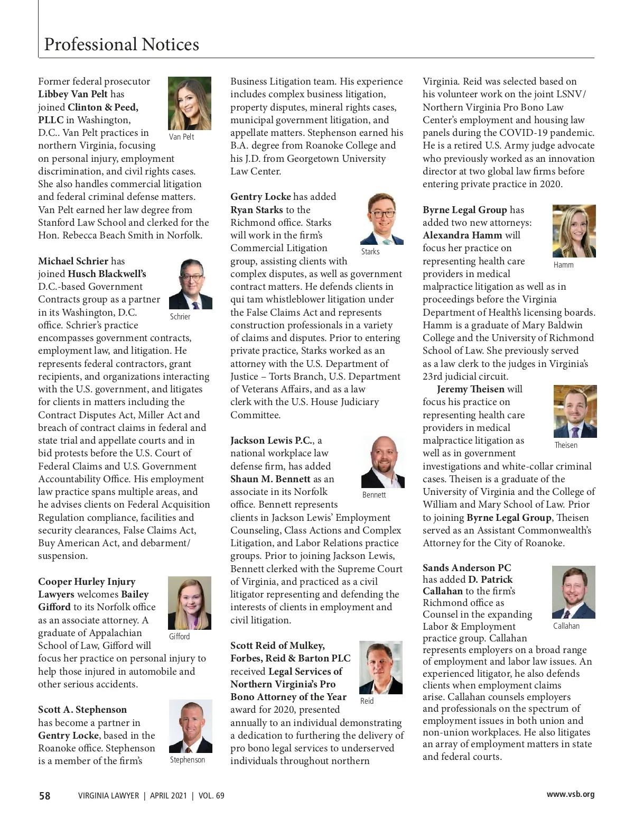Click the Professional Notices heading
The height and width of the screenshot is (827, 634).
[x=122, y=44]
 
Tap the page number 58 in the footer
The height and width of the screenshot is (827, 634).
[x=45, y=795]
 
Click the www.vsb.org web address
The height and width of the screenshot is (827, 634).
[x=570, y=794]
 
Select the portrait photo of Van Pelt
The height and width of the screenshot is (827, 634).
[x=190, y=103]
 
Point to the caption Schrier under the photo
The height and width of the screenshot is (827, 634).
[x=180, y=317]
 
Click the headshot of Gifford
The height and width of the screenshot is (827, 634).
[x=190, y=603]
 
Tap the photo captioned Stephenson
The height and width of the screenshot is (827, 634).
[x=190, y=726]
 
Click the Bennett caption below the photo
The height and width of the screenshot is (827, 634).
[x=374, y=495]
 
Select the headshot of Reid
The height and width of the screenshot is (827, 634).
[x=381, y=667]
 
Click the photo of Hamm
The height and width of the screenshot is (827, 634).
[x=574, y=231]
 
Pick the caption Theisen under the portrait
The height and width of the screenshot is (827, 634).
[x=566, y=445]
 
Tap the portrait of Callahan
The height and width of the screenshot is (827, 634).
[x=574, y=592]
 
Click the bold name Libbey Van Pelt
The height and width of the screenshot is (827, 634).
[x=73, y=94]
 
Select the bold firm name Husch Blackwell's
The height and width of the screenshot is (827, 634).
[x=107, y=274]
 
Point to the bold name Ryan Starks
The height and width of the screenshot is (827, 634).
[x=257, y=210]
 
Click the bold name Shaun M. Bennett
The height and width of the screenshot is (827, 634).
[x=271, y=479]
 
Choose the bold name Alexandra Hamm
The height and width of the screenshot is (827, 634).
[x=463, y=235]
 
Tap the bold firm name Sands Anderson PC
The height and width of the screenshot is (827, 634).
[x=467, y=568]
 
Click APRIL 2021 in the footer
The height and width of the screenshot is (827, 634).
[x=168, y=795]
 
